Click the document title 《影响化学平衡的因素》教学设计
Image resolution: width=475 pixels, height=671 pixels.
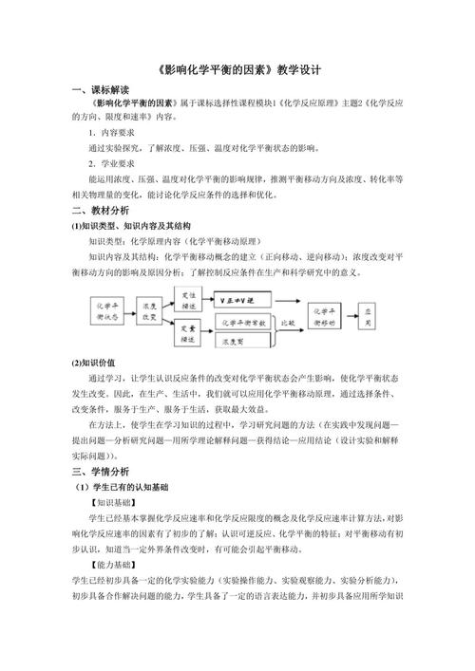coord(237,69)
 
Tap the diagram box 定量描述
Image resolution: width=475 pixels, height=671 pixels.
coord(189,333)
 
